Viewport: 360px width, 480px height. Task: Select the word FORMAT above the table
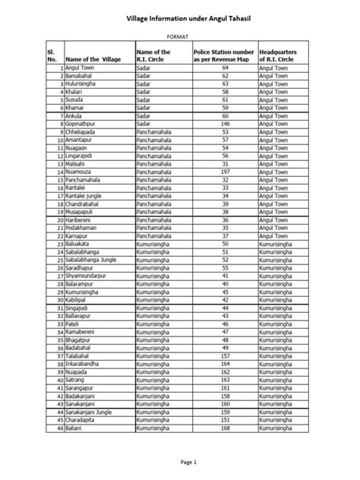click(179, 36)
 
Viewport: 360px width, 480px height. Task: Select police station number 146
click(225, 125)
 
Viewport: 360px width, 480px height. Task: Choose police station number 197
click(225, 172)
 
